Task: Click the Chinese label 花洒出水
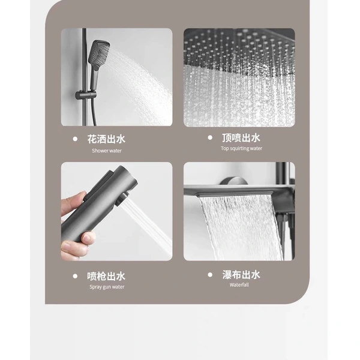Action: (x=106, y=139)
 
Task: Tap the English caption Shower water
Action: (x=106, y=151)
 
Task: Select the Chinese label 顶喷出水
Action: (x=241, y=137)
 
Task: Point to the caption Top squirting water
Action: (x=241, y=148)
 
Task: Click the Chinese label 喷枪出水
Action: (x=106, y=276)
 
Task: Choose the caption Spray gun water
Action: (x=106, y=287)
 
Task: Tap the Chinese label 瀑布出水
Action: (x=241, y=274)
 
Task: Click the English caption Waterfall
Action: (x=238, y=285)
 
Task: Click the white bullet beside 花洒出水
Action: (x=75, y=139)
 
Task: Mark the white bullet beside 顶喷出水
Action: (x=209, y=137)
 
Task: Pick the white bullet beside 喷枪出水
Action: (x=75, y=276)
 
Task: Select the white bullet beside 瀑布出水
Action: (x=209, y=274)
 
